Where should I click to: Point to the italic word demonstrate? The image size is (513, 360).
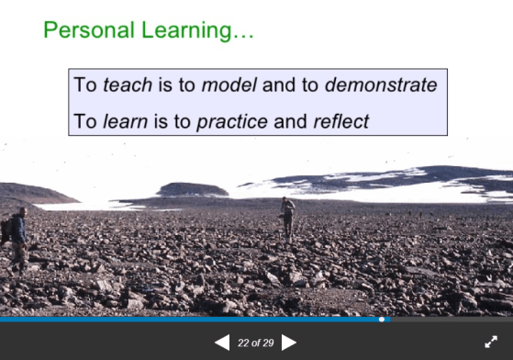pyautogui.click(x=381, y=85)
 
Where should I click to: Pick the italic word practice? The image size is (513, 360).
pyautogui.click(x=232, y=120)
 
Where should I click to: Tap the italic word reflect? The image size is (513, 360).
pyautogui.click(x=340, y=120)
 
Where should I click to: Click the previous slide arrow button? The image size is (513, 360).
pyautogui.click(x=222, y=343)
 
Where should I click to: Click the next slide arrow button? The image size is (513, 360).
pyautogui.click(x=289, y=343)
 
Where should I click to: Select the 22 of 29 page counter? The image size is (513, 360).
pyautogui.click(x=255, y=343)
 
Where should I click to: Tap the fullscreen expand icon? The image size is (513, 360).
pyautogui.click(x=491, y=342)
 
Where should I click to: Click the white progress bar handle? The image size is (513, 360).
pyautogui.click(x=382, y=320)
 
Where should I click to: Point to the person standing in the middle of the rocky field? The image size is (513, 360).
pyautogui.click(x=288, y=218)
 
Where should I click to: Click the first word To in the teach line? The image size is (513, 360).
pyautogui.click(x=84, y=85)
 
